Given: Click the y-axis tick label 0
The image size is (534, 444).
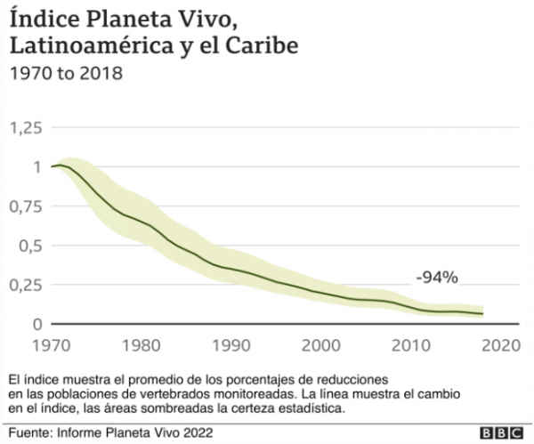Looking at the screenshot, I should tap(37, 324).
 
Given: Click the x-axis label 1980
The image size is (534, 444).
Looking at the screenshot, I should tap(141, 344).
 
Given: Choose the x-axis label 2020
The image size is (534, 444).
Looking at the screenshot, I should tap(500, 344).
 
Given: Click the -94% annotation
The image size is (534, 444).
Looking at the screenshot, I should tap(436, 277).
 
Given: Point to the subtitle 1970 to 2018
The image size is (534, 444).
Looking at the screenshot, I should tap(62, 72).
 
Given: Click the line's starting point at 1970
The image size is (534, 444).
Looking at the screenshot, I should tap(53, 166).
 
